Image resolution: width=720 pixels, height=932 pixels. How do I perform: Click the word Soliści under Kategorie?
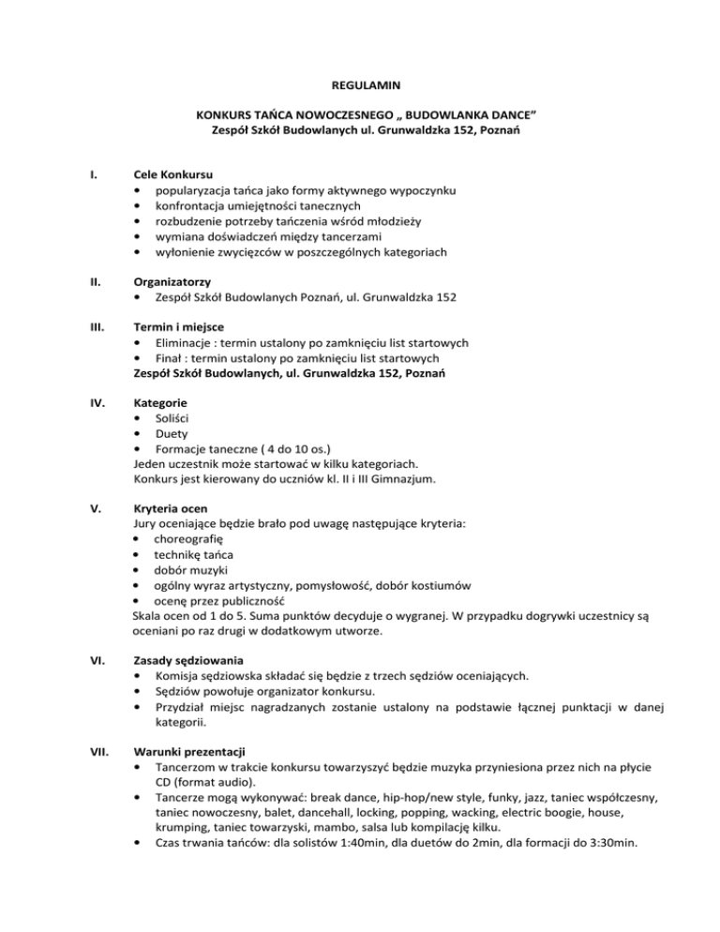click(x=173, y=417)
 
